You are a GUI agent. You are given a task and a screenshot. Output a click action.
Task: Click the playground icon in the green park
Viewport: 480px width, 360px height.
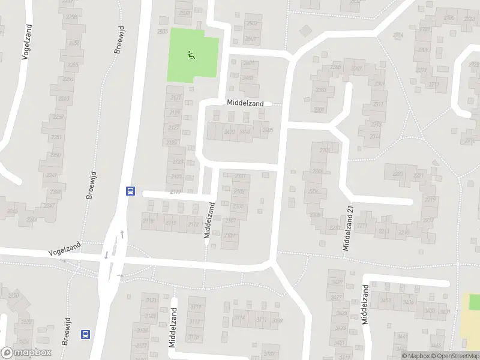point(191,55)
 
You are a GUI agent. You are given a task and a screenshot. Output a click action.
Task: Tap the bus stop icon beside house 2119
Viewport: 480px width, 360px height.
point(130,191)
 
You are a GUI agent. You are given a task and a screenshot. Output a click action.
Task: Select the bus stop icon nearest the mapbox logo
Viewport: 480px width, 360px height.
point(86,334)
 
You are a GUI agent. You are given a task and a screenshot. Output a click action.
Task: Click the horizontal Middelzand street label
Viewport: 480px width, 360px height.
point(245,103)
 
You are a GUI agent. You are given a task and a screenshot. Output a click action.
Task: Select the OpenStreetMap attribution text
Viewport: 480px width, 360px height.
point(455,356)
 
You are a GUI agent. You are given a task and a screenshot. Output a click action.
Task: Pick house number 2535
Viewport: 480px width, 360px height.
point(162,31)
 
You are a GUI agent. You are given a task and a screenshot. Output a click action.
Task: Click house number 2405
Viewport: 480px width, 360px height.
point(267,130)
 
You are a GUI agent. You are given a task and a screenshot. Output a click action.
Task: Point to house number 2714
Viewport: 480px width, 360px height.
point(398,35)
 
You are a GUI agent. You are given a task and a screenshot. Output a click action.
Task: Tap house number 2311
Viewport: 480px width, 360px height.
point(378,104)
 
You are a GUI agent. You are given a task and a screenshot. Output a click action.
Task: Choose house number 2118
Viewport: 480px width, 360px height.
point(148,221)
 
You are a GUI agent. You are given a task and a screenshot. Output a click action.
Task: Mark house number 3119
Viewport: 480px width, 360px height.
point(196,307)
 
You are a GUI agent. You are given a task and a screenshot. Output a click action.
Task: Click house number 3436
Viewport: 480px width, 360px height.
point(408,301)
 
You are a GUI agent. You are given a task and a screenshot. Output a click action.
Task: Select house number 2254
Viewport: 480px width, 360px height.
point(67,79)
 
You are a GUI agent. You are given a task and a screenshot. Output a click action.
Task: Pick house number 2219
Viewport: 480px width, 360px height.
point(430,199)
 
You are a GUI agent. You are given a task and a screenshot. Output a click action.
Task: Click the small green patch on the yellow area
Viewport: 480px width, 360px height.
point(474,301)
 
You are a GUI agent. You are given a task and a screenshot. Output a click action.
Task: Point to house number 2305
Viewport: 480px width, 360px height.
point(335,67)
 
